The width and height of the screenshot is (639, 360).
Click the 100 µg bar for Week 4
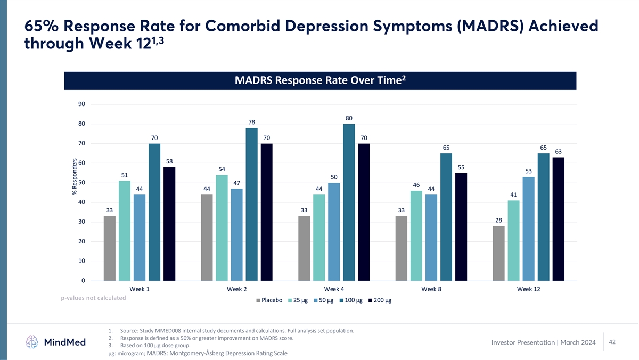349,202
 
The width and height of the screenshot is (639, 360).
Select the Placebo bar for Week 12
499,253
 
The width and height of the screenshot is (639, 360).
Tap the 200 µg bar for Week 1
169,224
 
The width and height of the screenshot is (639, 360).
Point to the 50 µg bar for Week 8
431,237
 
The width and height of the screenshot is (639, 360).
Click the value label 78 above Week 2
252,122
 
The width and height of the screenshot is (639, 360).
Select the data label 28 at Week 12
499,220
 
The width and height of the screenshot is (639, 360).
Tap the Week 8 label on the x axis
431,289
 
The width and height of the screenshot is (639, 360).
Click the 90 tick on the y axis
81,104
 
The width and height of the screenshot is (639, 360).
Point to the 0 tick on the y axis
83,281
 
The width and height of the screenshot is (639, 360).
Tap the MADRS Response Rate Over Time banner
320,80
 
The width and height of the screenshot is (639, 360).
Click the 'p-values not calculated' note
93,298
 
